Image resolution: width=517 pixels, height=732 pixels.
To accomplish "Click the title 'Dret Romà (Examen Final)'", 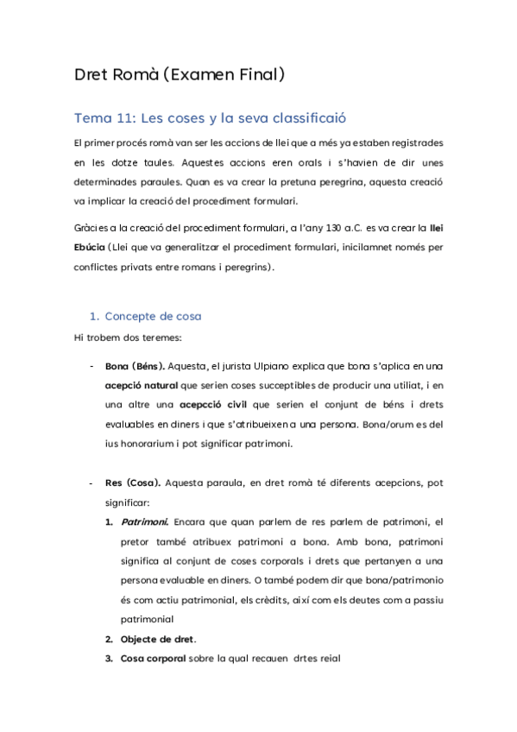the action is click(x=179, y=75).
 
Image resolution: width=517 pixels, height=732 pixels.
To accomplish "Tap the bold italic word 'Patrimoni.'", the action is click(x=144, y=522).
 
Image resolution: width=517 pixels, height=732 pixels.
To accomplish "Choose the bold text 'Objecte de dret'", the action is click(x=157, y=639).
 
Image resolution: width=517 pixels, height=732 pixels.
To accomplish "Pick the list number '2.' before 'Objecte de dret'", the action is click(x=110, y=639).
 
